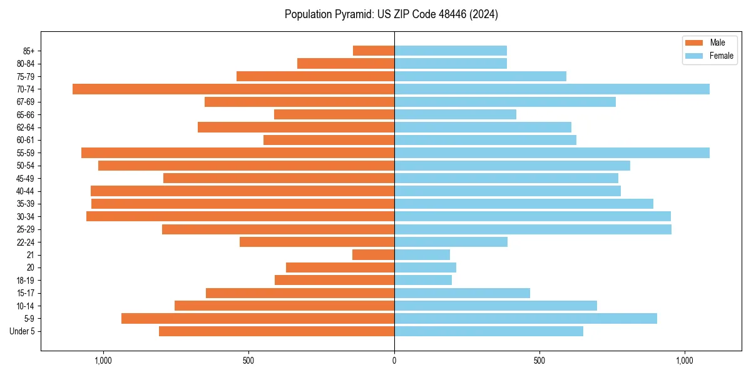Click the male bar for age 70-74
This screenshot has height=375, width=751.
tap(233, 89)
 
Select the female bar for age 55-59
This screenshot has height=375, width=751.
tap(551, 152)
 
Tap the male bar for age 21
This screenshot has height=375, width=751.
tap(374, 254)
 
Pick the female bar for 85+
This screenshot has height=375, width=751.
tap(451, 51)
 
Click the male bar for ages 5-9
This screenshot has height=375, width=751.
tap(258, 318)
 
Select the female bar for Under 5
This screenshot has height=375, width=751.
tap(488, 331)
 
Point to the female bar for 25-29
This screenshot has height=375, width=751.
tap(533, 229)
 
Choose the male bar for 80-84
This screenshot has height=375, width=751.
tap(345, 63)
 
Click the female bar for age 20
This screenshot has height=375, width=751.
tap(425, 267)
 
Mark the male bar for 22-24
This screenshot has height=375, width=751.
tap(317, 242)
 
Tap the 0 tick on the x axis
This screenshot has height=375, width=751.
tap(394, 361)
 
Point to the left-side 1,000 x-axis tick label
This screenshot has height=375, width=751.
tap(103, 361)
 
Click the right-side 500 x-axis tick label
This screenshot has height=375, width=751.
tap(539, 361)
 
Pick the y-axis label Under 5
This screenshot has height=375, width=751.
tap(22, 331)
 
